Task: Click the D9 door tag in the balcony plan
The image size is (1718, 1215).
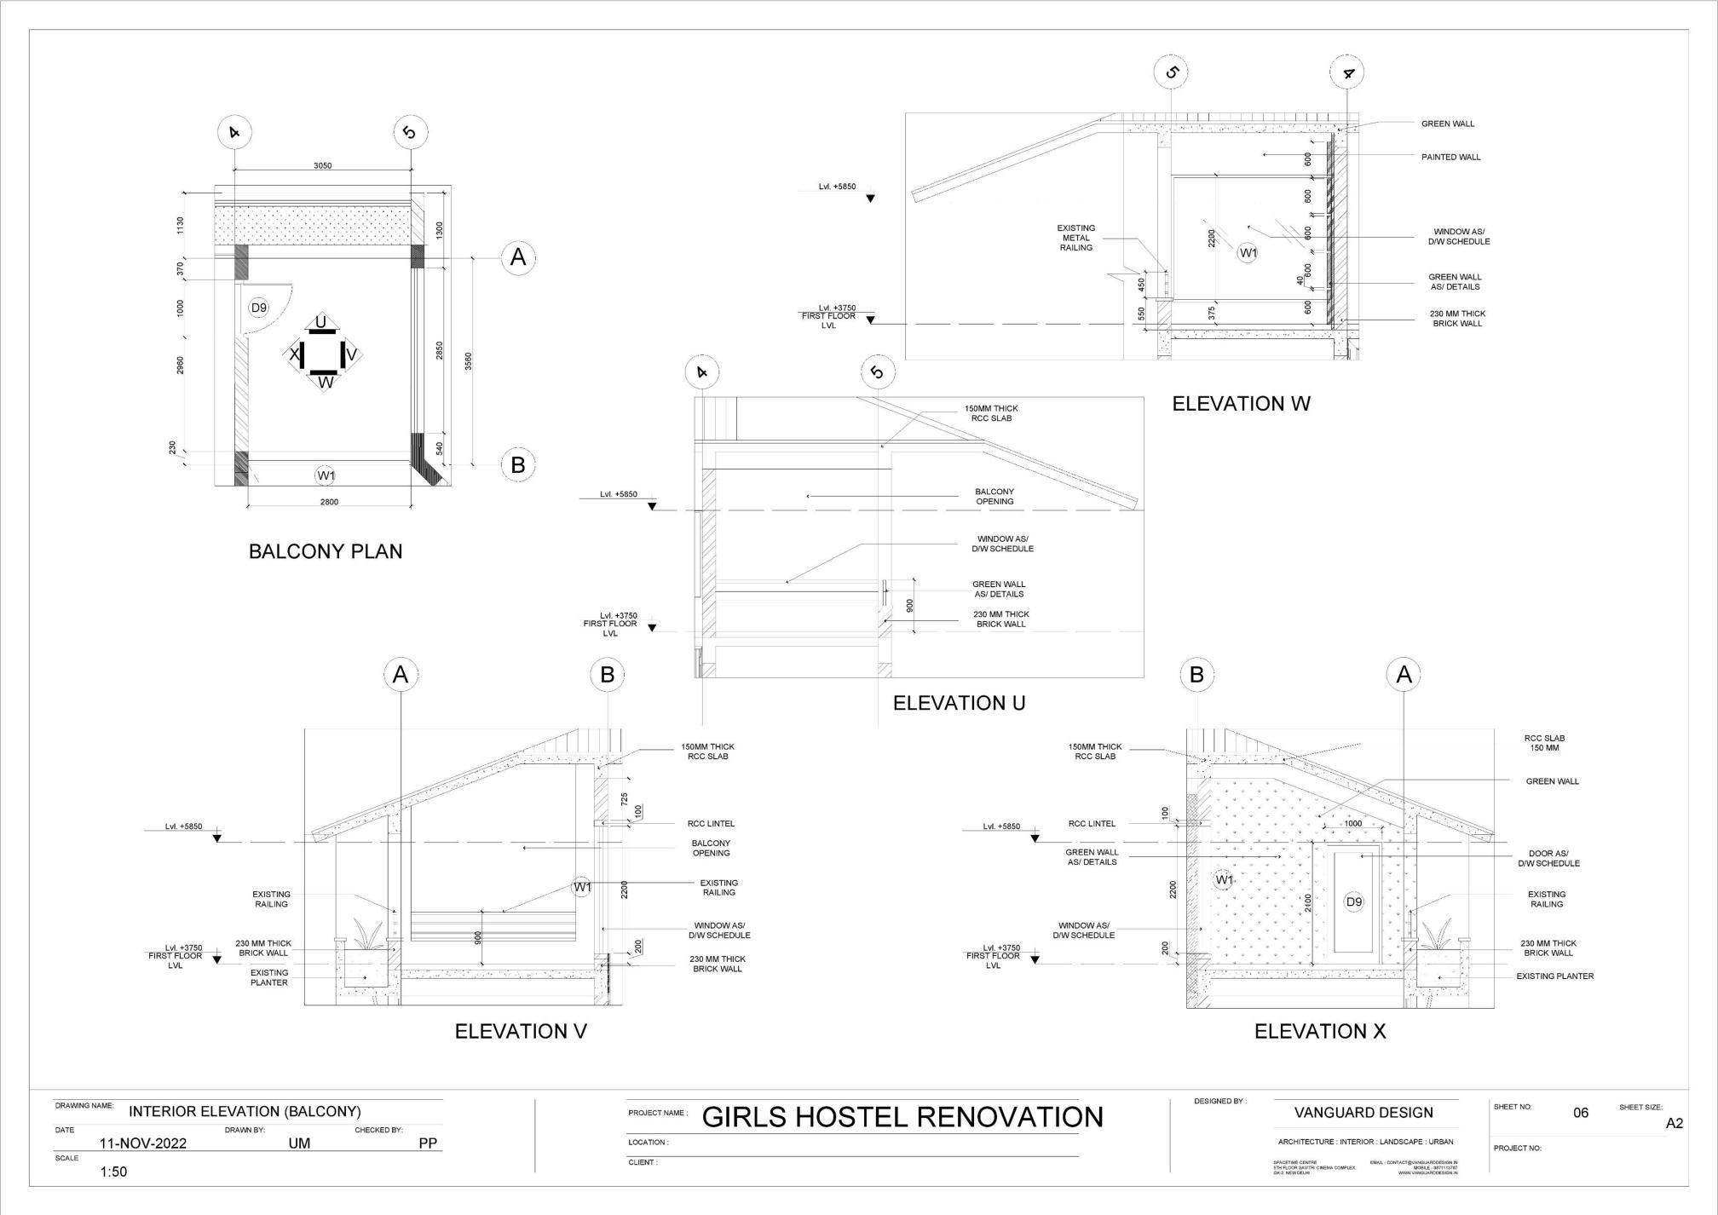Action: point(258,308)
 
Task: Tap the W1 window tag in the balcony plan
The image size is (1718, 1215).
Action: point(326,475)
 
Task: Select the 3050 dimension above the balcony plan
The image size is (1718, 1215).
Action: point(322,165)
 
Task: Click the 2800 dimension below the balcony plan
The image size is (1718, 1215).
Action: point(329,502)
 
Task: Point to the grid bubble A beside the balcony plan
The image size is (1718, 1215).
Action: point(517,256)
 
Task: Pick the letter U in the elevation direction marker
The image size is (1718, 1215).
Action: point(320,322)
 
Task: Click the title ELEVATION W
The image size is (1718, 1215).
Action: point(1241,404)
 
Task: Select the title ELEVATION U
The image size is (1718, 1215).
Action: point(959,703)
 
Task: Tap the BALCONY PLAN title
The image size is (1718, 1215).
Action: point(326,551)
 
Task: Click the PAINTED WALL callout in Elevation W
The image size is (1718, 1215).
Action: point(1450,157)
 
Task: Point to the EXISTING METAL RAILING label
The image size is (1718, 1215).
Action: point(1076,238)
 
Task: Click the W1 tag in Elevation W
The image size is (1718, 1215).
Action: point(1248,252)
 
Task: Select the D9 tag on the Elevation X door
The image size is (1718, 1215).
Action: point(1353,901)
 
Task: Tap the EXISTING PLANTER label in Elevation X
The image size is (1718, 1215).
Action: point(1554,976)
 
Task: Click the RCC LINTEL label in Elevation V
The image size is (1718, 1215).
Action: point(711,824)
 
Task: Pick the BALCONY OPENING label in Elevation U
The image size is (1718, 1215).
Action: point(994,497)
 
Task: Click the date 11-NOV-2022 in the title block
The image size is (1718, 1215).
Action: point(143,1143)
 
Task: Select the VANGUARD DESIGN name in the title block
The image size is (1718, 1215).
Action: point(1363,1113)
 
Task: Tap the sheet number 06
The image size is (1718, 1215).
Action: point(1581,1113)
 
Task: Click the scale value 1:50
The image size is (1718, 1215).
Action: point(113,1172)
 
